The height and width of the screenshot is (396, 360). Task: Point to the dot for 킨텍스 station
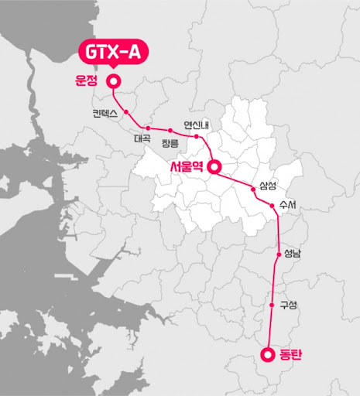coord(125,111)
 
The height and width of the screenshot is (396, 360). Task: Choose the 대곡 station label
coord(142,139)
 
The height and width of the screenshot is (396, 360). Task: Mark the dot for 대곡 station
coord(147,128)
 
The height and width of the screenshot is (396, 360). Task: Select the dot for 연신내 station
coord(197,137)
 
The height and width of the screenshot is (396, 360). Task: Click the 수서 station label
coord(290,205)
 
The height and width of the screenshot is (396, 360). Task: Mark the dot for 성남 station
coord(278,254)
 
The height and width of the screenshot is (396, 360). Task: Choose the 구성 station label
coord(288,305)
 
